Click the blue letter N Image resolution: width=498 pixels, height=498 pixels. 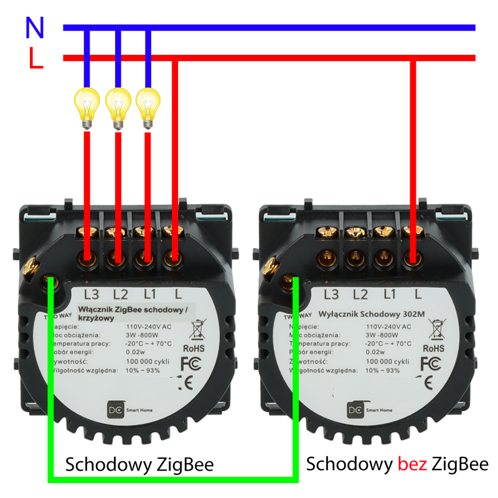[x=35, y=27]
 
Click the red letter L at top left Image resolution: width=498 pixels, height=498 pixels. [x=35, y=59]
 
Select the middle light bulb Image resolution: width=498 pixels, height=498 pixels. [x=117, y=107]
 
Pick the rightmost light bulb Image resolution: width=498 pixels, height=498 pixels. [x=148, y=107]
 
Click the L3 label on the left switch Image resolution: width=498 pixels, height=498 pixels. [x=92, y=293]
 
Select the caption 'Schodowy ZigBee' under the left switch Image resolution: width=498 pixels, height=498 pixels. [x=139, y=464]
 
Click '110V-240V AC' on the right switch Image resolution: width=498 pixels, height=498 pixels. [x=388, y=326]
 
